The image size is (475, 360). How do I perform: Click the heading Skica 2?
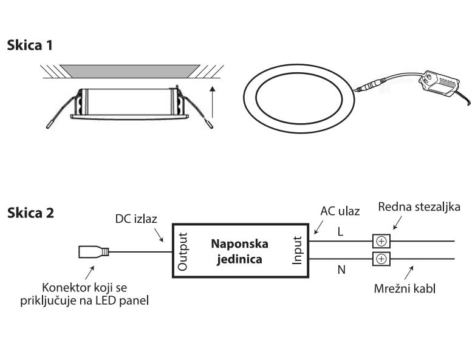30,213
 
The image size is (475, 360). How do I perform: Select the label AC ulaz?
340,211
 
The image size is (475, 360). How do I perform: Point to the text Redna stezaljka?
419,207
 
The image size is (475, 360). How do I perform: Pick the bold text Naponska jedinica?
239,251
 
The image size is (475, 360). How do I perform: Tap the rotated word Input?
297,251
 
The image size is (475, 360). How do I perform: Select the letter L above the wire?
340,231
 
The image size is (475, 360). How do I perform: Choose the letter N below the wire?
341,270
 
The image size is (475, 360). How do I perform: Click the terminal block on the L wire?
381,241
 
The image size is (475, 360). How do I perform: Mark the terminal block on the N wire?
381,260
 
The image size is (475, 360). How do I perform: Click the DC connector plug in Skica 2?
94,252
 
